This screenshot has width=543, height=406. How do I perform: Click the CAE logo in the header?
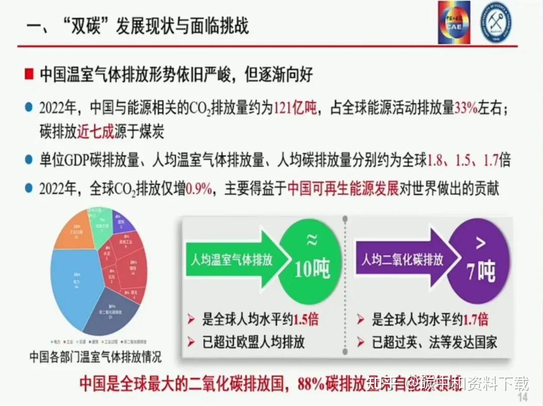point(454,22)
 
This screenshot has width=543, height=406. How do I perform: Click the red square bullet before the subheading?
point(30,74)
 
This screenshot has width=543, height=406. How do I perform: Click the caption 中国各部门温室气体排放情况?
point(95,358)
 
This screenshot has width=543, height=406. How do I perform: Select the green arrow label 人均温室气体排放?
point(232,259)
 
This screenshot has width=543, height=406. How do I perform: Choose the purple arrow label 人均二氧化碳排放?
point(403,259)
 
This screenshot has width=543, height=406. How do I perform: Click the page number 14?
point(523,397)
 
